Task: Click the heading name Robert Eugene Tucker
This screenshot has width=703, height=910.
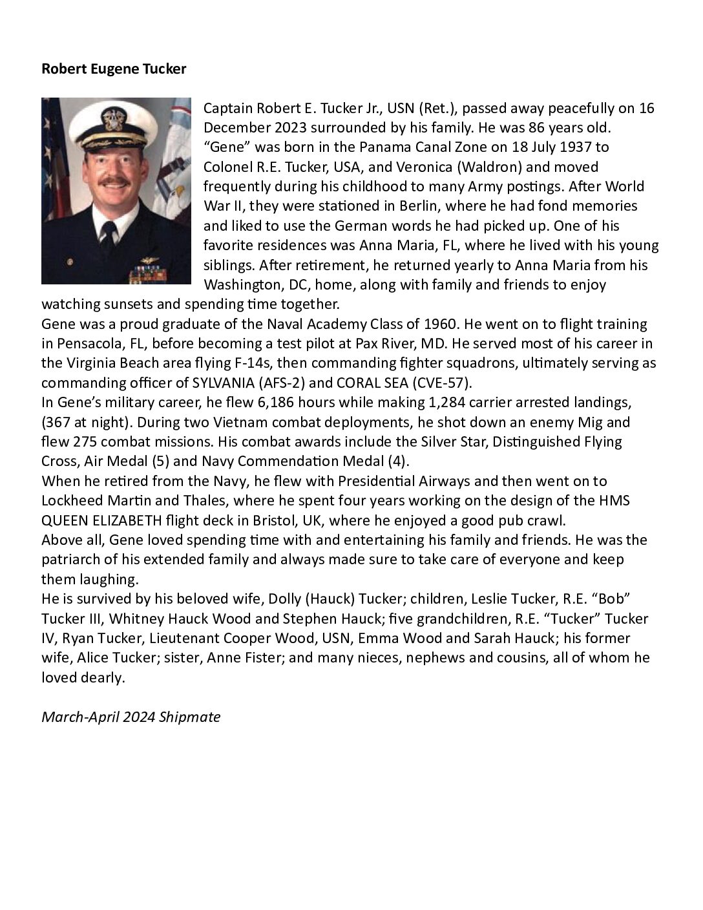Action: point(114,69)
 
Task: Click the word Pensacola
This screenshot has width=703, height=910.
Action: point(92,343)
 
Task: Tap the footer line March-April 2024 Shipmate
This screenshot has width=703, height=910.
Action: point(131,717)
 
